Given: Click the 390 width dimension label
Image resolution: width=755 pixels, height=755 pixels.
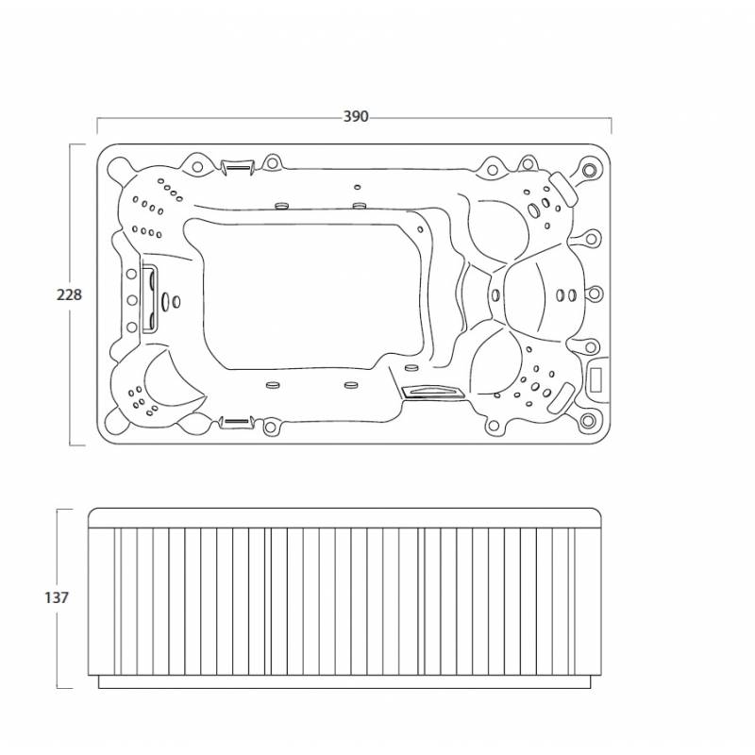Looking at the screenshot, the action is point(356,116).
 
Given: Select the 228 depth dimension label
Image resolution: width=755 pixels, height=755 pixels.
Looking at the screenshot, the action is point(69,294).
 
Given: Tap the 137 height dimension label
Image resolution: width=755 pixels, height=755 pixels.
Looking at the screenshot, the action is point(57,597).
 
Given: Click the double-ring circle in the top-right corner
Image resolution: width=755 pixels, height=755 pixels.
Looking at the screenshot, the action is point(588,170).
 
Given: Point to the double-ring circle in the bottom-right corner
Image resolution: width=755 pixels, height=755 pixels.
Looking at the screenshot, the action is point(588,421).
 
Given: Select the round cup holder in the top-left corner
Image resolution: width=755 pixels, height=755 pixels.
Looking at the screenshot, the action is point(117,169).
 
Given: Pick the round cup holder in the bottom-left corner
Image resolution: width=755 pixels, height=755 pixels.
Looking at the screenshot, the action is point(116,420).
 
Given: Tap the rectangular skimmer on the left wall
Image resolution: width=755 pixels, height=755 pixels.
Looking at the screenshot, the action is point(148,299).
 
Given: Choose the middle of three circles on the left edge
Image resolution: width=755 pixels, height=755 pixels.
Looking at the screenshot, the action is point(131,300).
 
